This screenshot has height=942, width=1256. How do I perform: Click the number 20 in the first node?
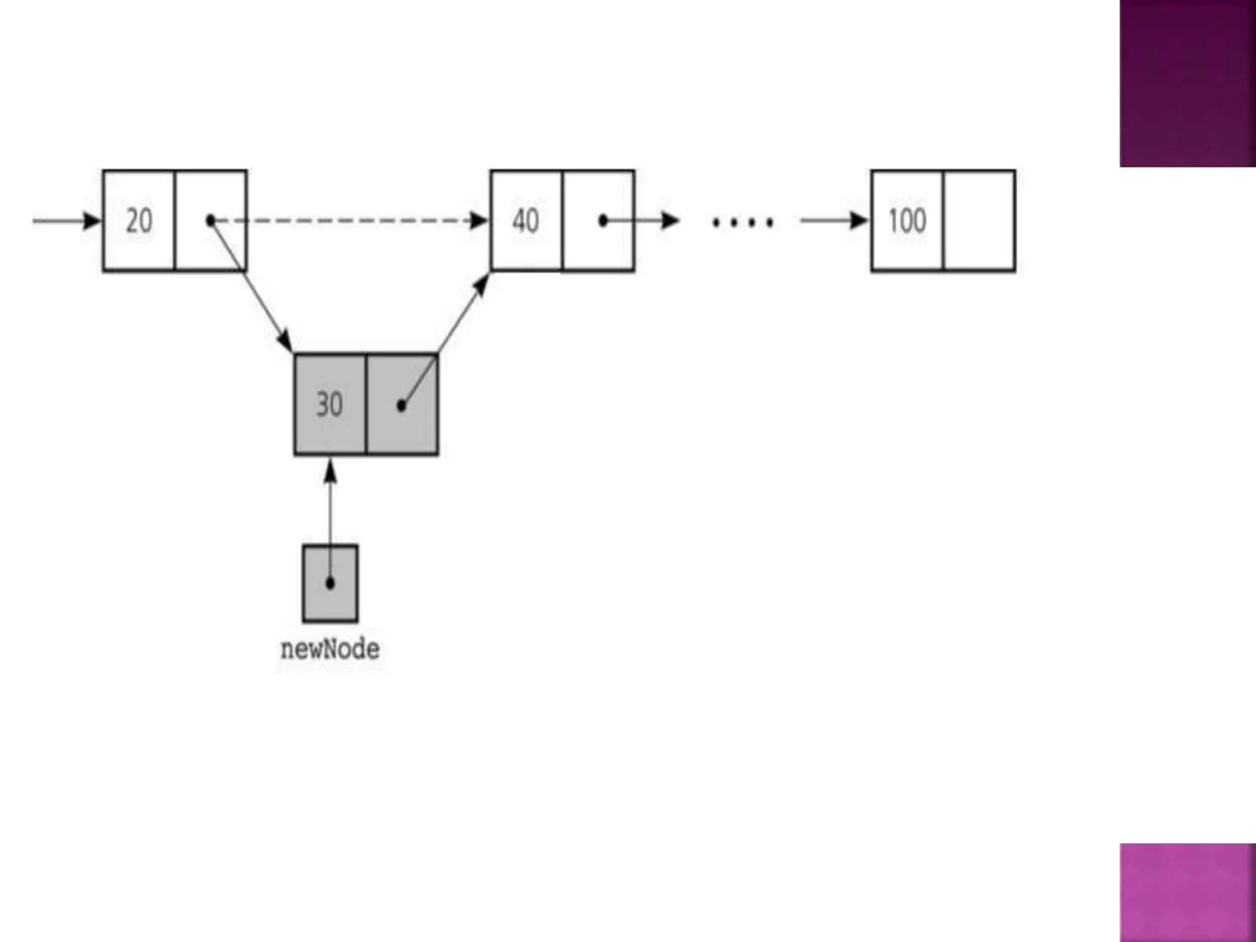click(x=139, y=221)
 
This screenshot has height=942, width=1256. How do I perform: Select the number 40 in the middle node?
click(x=526, y=221)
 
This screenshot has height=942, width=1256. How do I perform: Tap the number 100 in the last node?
click(x=907, y=221)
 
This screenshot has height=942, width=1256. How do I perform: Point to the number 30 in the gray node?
click(x=329, y=405)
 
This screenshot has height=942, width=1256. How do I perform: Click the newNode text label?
click(x=330, y=649)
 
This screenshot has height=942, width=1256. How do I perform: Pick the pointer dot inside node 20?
click(x=211, y=220)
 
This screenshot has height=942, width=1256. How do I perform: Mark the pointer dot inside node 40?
click(x=603, y=220)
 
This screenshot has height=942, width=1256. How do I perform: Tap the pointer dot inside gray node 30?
click(x=402, y=405)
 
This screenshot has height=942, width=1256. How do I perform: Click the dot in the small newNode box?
click(x=330, y=583)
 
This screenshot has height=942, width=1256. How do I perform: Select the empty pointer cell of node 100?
click(x=979, y=221)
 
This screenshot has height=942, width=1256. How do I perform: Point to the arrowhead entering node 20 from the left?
click(x=93, y=221)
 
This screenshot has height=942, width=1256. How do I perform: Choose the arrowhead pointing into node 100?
click(x=859, y=221)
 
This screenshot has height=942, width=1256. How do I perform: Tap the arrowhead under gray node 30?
click(x=330, y=472)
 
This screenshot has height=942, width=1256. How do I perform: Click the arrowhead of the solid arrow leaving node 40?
click(x=670, y=220)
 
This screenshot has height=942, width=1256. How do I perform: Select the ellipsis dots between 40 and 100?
click(x=742, y=222)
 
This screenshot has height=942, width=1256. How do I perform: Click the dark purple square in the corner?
click(x=1187, y=83)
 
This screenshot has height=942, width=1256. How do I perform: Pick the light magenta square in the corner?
click(x=1187, y=892)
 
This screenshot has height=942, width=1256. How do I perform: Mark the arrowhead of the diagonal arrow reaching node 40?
click(x=483, y=285)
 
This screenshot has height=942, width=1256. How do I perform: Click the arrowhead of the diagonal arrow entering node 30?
click(x=285, y=341)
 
